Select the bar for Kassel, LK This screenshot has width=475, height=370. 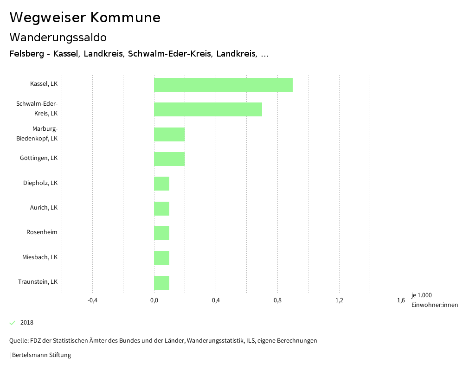click(223, 85)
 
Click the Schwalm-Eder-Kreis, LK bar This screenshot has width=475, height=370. click(208, 109)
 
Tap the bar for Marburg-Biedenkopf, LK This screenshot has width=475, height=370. click(169, 134)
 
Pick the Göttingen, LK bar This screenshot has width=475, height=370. click(169, 159)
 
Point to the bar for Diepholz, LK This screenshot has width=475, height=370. click(161, 184)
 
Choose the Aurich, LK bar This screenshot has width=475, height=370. click(161, 209)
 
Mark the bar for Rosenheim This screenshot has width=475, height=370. click(161, 233)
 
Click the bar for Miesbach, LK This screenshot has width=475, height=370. click(161, 258)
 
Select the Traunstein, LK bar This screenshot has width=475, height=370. click(161, 283)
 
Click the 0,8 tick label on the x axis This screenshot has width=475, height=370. click(277, 300)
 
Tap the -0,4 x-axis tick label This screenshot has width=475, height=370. click(92, 300)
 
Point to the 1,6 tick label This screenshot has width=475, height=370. click(401, 300)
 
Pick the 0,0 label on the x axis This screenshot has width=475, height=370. click(154, 300)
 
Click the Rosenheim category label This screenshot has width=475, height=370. click(42, 232)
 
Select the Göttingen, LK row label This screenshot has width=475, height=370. click(39, 158)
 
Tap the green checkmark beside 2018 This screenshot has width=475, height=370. click(13, 323)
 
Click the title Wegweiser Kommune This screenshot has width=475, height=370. click(85, 18)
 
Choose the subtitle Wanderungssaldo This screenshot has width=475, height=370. click(58, 37)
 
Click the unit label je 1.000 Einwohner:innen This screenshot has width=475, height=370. click(434, 300)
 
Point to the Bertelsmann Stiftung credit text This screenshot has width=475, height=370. click(40, 355)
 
